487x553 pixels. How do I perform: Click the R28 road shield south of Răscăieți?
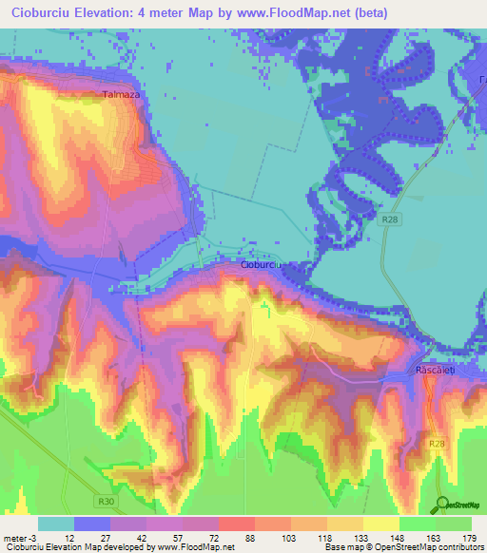tap(437, 444)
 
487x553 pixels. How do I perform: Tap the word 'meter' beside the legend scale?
tap(14, 537)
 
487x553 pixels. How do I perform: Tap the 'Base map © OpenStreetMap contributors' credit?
tap(400, 547)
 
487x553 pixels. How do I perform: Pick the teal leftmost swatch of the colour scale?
tap(55, 524)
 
